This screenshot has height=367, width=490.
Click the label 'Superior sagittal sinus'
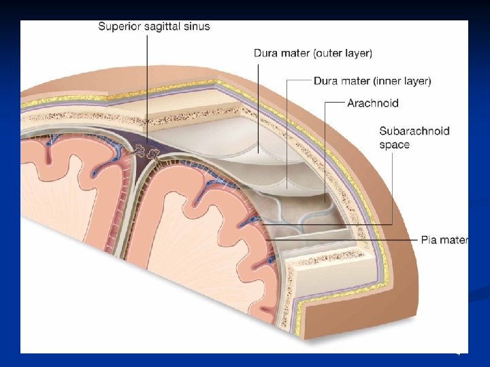pyautogui.click(x=154, y=27)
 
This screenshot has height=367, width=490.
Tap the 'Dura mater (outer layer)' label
pyautogui.click(x=312, y=53)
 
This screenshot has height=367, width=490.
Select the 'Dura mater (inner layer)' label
pyautogui.click(x=372, y=81)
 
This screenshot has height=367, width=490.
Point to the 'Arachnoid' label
pyautogui.click(x=372, y=103)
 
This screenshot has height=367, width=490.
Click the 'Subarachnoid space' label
pyautogui.click(x=414, y=137)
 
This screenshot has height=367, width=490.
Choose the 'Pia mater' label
pyautogui.click(x=444, y=240)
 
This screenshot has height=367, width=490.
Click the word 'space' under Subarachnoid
pyautogui.click(x=395, y=145)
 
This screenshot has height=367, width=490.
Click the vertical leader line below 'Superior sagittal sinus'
pyautogui.click(x=146, y=82)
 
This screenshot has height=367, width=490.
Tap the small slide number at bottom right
pyautogui.click(x=458, y=353)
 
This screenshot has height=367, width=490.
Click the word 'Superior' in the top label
pyautogui.click(x=118, y=27)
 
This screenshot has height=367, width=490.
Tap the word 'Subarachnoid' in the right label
pyautogui.click(x=414, y=130)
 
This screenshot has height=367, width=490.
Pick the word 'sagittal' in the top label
pyautogui.click(x=161, y=27)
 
